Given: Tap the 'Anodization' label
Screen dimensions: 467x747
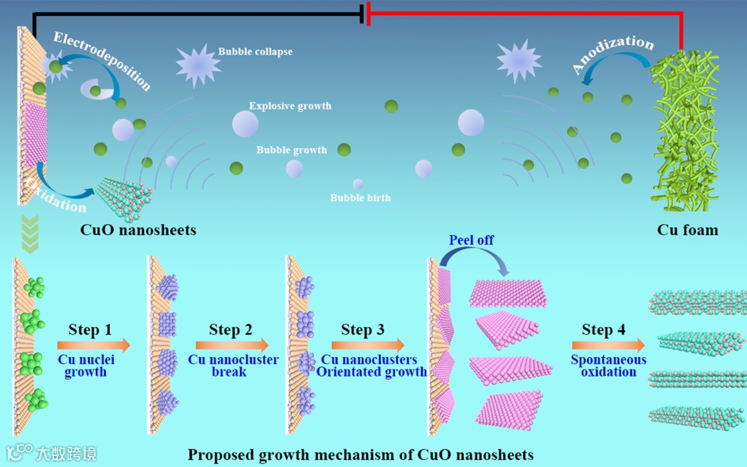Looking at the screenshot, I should click(x=612, y=54).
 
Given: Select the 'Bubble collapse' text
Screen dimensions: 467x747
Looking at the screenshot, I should click(x=255, y=51).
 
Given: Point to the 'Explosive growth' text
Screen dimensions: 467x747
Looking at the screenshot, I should click(x=290, y=106).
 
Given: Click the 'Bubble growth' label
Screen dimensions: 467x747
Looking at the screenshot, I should click(x=291, y=149).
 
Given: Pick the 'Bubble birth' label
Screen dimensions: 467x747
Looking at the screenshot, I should click(x=360, y=198).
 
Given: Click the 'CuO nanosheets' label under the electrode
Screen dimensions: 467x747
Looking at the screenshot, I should click(x=138, y=230).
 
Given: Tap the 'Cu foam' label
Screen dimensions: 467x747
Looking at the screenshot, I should click(x=687, y=230).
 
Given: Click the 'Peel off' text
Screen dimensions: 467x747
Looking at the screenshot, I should click(x=472, y=240).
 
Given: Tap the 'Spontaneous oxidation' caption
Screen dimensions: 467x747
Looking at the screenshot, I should click(x=609, y=365).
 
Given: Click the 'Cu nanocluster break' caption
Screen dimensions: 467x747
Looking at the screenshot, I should click(x=233, y=365).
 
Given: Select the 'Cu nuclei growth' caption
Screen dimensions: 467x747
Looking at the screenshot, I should click(x=86, y=365).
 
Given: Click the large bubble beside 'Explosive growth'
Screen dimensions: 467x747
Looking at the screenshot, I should click(x=245, y=124).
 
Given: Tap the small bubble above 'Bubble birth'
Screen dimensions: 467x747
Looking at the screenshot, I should click(x=358, y=184).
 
